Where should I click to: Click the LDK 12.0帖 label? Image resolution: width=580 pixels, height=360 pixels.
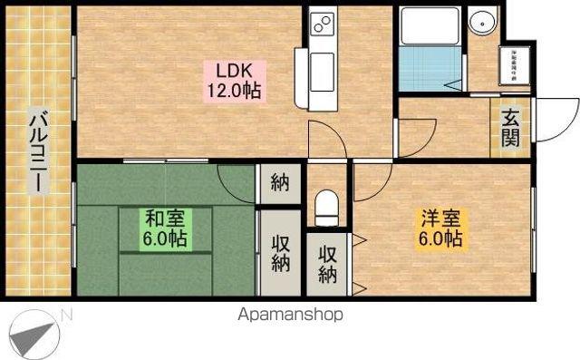pos(238,80)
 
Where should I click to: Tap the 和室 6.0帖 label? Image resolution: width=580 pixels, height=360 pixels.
pos(165,229)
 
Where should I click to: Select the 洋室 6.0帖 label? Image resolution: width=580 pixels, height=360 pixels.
pos(441,229)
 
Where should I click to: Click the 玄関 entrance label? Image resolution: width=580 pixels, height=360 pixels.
pos(510,127)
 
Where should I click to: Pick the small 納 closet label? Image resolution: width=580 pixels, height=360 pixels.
pos(279,183)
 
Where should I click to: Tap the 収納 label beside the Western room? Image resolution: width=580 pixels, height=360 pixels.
pos(326,263)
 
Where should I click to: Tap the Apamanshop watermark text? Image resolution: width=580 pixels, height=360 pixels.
pos(290,316)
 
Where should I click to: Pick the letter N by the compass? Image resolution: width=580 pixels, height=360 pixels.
pos(66,314)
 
